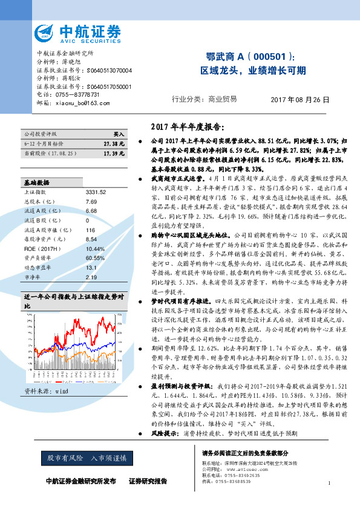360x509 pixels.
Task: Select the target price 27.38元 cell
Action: [x=114, y=144]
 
